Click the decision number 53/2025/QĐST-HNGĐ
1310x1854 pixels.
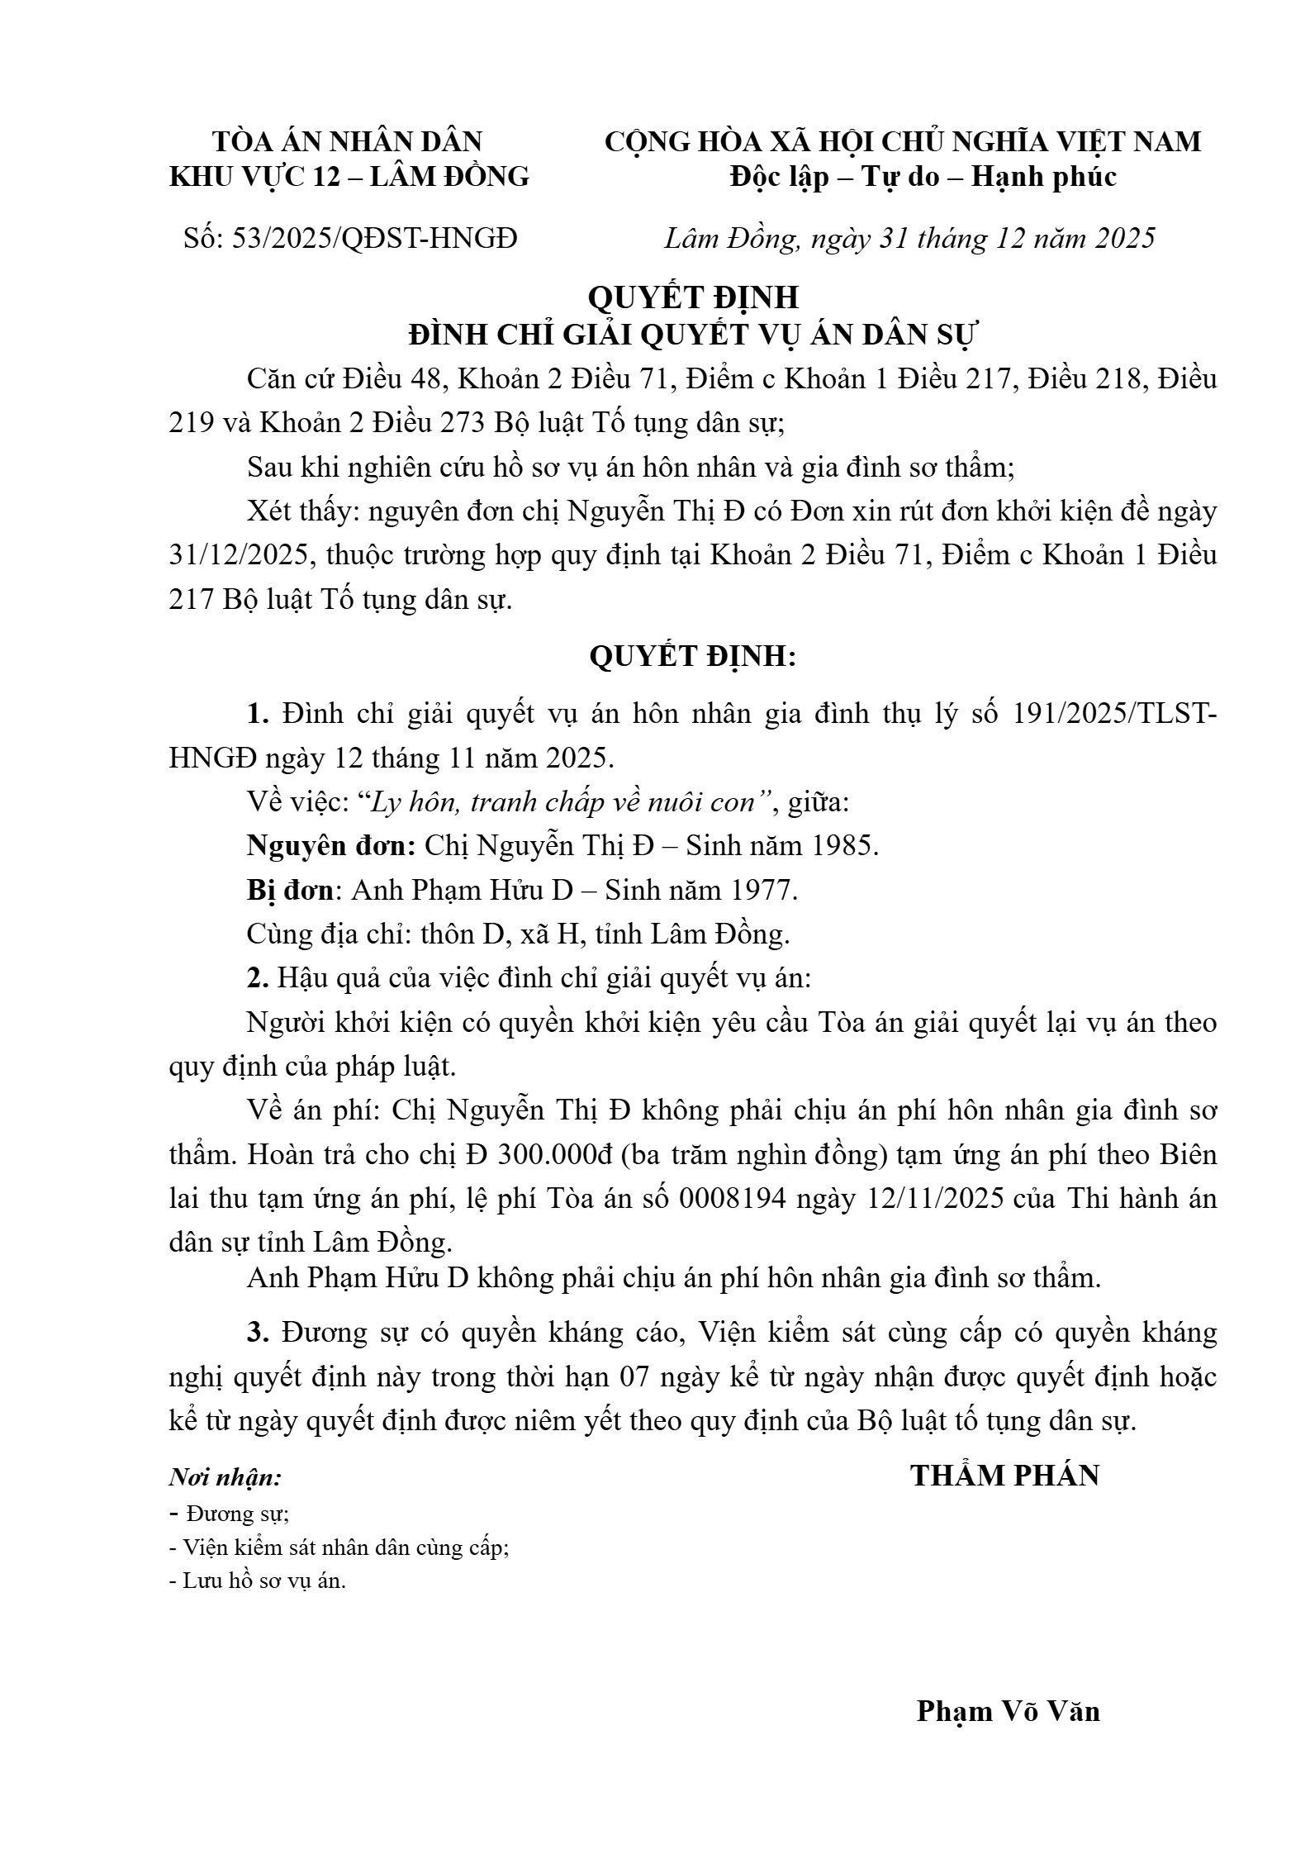click(x=375, y=238)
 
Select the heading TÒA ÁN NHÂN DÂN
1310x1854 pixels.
click(x=348, y=141)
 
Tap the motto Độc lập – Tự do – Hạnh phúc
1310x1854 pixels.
click(x=923, y=177)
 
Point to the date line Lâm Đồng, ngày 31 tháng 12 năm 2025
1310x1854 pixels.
click(x=909, y=238)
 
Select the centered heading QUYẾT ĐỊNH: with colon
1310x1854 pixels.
click(x=693, y=656)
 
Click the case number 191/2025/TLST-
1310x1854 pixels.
click(x=1113, y=714)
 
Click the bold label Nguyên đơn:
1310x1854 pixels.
click(x=331, y=846)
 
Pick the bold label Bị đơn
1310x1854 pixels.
click(x=291, y=890)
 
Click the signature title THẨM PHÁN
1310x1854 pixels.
click(x=1004, y=1476)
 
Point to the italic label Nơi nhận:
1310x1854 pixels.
click(x=225, y=1476)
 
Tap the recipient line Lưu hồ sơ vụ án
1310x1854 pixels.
click(x=258, y=1581)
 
